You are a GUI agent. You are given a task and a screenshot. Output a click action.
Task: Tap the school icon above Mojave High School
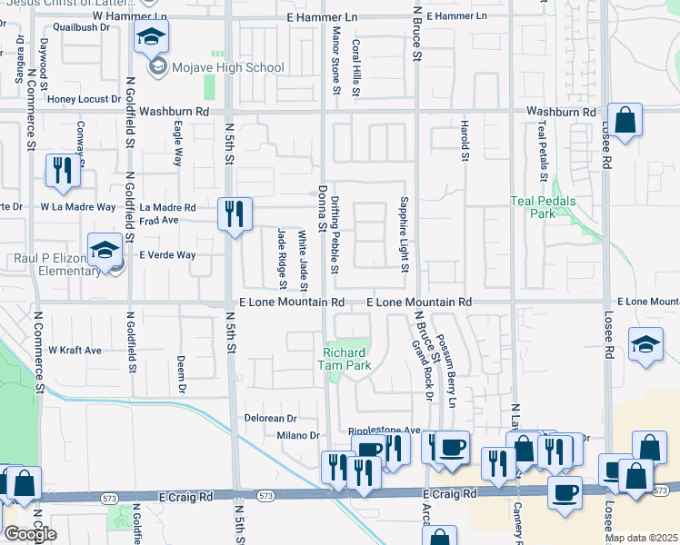[x=152, y=38]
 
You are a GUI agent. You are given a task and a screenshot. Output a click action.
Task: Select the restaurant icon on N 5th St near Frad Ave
[x=235, y=213]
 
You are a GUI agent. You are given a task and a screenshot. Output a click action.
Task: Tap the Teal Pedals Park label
[x=543, y=208]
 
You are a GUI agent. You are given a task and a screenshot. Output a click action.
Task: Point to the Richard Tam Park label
[x=345, y=359]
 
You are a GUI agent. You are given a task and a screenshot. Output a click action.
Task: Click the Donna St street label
[x=322, y=208]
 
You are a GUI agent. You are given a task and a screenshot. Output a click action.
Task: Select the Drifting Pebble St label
[x=335, y=239]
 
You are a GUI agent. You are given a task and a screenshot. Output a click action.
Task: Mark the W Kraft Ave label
[x=75, y=350]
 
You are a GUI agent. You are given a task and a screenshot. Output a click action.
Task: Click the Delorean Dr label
[x=271, y=419]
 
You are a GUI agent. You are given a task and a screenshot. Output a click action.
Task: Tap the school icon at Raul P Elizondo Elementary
[x=105, y=249]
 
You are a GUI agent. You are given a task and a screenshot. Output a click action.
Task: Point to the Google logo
[x=31, y=534]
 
